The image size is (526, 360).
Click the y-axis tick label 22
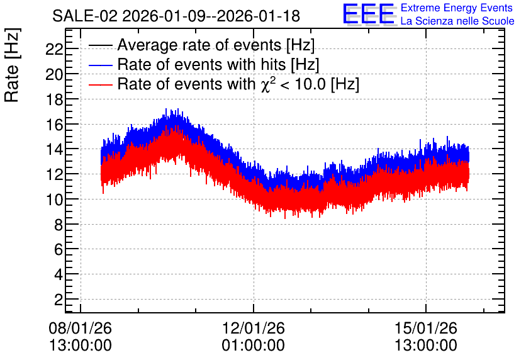coord(54,50)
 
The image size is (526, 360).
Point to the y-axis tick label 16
coord(54,125)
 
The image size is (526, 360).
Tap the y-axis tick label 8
coord(59,225)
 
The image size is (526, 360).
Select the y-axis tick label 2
coord(59,300)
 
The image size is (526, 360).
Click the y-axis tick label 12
coord(54,175)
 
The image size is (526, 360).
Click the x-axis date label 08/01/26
coord(80,328)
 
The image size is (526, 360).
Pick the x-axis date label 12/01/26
coord(254,328)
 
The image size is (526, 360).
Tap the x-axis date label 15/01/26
coord(426,328)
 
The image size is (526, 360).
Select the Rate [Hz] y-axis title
coord(12,65)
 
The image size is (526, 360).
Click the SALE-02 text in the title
coord(85,16)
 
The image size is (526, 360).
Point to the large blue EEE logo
coord(369,14)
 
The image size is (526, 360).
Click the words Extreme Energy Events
coord(457,8)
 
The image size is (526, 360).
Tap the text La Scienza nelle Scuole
coord(457,21)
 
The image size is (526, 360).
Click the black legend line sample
coord(100,45)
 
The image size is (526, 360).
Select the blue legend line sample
coord(100,65)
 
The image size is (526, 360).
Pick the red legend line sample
coord(100,84)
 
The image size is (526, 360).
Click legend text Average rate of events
coord(199,45)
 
